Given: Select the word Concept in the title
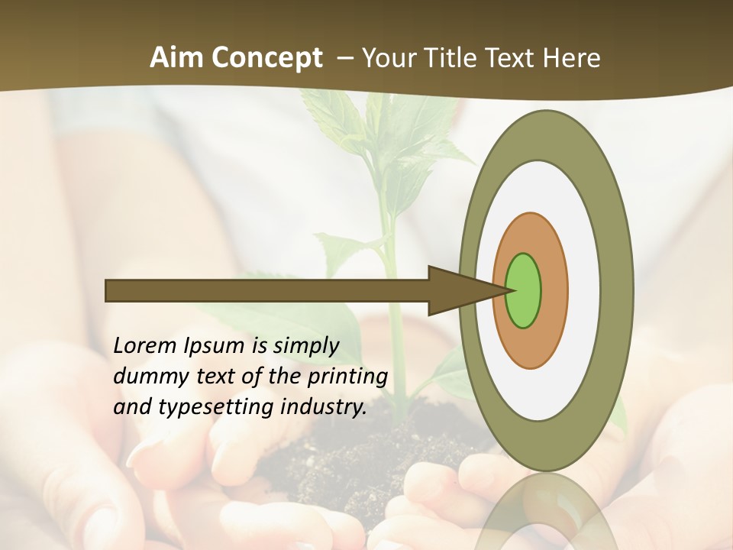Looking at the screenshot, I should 266,59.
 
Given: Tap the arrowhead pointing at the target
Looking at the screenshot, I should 466,290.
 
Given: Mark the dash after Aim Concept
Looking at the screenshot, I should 344,59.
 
